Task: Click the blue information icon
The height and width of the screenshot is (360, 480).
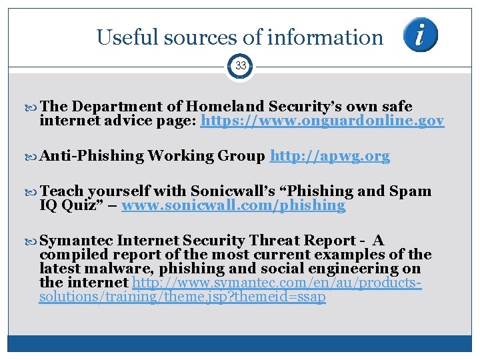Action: [x=421, y=35]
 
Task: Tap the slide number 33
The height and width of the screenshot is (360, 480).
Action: [x=240, y=65]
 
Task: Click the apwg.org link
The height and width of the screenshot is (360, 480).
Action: [x=329, y=156]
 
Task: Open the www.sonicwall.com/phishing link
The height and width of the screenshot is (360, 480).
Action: [x=233, y=205]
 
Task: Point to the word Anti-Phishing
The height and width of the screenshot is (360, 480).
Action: [x=92, y=156]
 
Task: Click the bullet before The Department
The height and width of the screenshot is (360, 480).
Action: [x=34, y=107]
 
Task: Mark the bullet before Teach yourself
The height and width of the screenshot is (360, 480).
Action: [x=34, y=191]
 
